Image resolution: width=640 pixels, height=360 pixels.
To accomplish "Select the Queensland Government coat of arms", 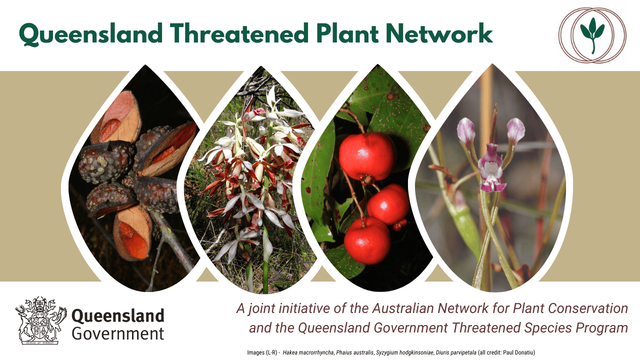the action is tap(41, 320).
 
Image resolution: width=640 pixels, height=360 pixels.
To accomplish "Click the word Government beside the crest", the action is tap(118, 333).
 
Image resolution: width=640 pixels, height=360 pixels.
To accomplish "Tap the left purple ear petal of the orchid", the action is tap(465, 131).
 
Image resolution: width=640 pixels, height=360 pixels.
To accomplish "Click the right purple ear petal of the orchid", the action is tap(515, 131).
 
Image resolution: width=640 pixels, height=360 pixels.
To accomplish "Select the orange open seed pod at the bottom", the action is tap(132, 233).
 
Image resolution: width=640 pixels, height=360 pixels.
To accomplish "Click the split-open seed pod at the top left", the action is tap(116, 117).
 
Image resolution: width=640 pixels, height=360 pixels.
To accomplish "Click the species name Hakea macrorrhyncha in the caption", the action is tap(308, 352).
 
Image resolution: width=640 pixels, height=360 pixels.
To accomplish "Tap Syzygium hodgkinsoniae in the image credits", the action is tap(404, 352).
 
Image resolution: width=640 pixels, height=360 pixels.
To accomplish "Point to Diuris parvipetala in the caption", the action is tap(456, 352).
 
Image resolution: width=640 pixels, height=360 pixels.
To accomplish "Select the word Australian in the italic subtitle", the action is tap(403, 308).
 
